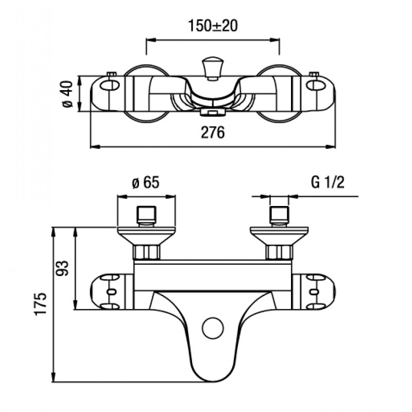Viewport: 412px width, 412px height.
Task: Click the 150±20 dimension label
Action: pyautogui.click(x=213, y=26)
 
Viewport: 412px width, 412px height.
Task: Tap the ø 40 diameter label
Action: pyautogui.click(x=67, y=94)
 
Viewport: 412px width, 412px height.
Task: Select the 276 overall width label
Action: pyautogui.click(x=213, y=132)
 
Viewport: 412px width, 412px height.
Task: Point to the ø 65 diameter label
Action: pyautogui.click(x=146, y=182)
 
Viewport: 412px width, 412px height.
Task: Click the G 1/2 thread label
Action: pyautogui.click(x=328, y=182)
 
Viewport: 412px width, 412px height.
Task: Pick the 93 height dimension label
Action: pyautogui.click(x=62, y=268)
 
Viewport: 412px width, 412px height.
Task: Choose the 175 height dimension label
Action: pyautogui.click(x=41, y=303)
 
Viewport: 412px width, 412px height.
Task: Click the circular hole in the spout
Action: pyautogui.click(x=213, y=328)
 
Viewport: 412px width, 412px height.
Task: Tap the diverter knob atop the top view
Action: pyautogui.click(x=213, y=70)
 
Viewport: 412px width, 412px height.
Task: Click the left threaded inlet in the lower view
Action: pyautogui.click(x=146, y=216)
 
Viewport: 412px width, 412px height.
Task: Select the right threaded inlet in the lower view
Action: pyautogui.click(x=280, y=216)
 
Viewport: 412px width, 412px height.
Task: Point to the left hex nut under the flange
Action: pyautogui.click(x=146, y=252)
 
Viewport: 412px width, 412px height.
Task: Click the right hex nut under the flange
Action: pyautogui.click(x=280, y=252)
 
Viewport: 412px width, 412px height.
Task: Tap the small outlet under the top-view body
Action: pyautogui.click(x=213, y=113)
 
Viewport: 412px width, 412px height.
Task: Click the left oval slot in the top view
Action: pyautogui.click(x=110, y=85)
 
